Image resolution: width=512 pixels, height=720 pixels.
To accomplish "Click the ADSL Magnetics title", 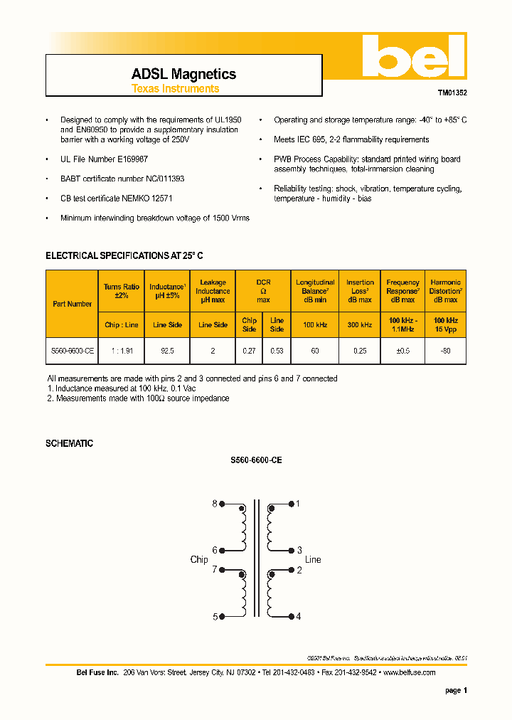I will (183, 74).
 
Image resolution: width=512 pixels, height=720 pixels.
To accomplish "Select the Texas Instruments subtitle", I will (175, 89).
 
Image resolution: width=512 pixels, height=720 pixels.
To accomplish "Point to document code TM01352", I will (452, 92).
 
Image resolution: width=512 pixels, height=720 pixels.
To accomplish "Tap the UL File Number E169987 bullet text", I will (104, 159).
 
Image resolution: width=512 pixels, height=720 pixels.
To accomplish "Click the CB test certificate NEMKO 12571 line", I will (117, 198).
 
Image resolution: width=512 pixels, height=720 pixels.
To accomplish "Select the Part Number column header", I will (72, 304).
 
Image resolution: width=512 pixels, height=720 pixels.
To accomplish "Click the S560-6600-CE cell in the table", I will (72, 351).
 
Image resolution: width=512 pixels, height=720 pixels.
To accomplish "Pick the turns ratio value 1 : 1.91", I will (122, 351).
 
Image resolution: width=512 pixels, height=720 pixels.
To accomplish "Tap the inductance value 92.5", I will (168, 351).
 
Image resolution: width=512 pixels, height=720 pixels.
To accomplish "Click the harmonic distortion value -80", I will (445, 351).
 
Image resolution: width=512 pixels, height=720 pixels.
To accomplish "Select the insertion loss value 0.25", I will (360, 351).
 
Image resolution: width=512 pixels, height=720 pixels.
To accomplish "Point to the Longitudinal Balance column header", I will (315, 291).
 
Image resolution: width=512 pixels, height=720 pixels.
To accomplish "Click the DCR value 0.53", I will (277, 351).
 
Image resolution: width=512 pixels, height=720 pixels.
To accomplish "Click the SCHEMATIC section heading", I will (69, 443).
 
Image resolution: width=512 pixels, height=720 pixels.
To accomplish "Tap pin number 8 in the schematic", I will (215, 504).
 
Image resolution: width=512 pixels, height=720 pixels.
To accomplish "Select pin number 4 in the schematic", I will (299, 616).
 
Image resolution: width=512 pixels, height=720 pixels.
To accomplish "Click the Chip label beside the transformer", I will (199, 559).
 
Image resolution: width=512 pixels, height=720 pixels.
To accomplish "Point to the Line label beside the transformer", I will (313, 559).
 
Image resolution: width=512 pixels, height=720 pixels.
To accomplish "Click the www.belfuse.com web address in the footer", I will (409, 672).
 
